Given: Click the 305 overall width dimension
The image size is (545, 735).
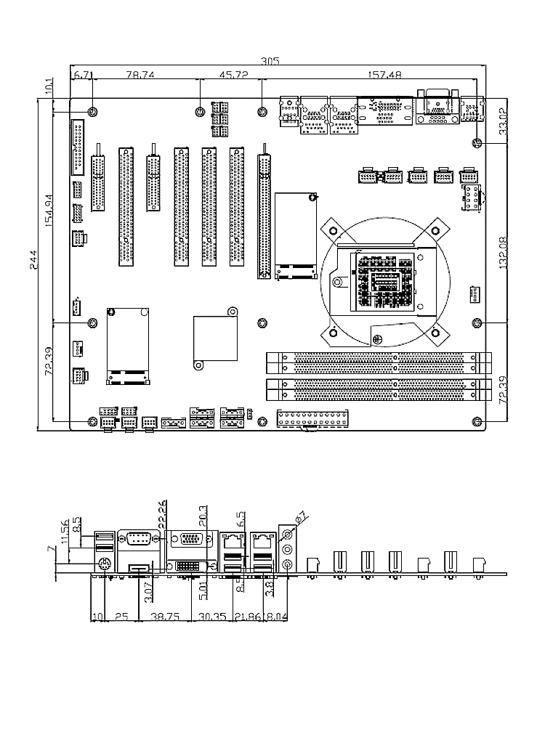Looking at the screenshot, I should (270, 62).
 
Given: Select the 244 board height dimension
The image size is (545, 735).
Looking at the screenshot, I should (33, 267).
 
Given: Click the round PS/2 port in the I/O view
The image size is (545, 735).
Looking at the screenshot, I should (103, 564).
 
